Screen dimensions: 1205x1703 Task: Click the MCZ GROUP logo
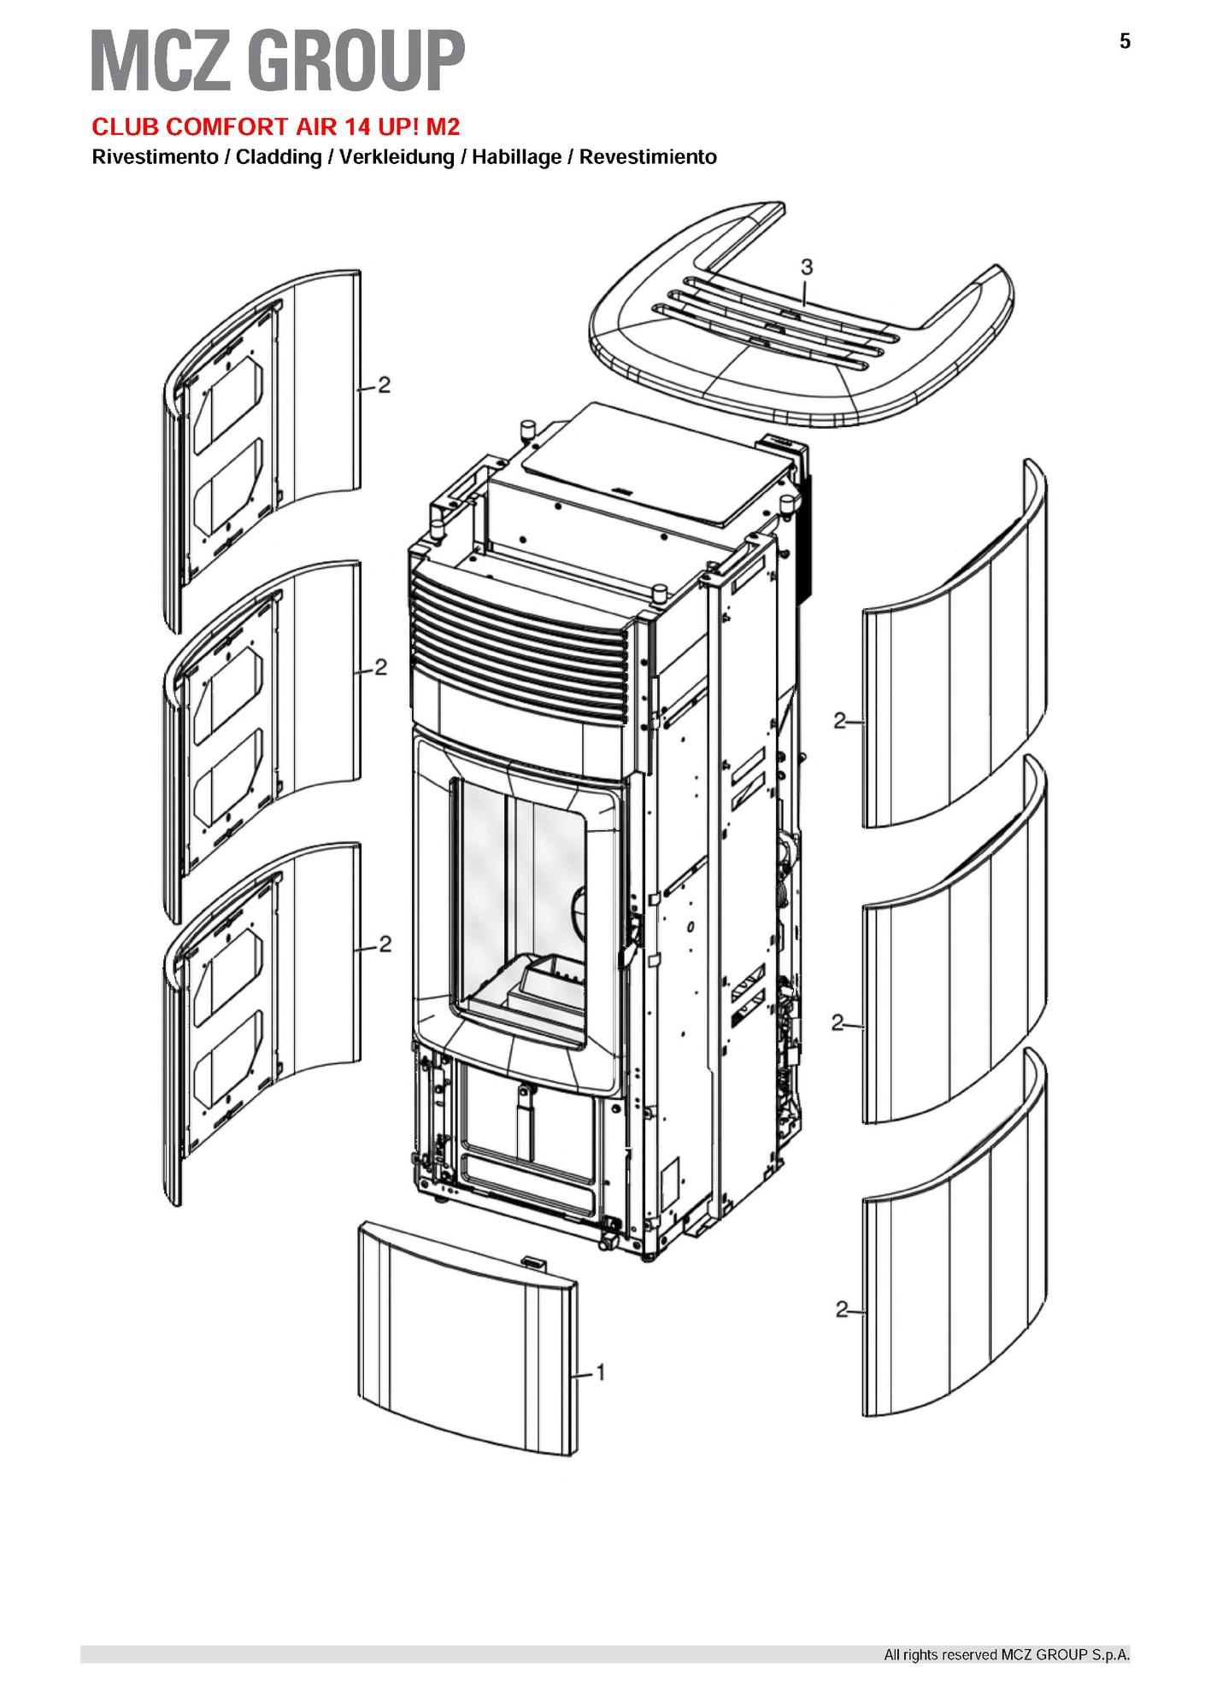point(279,61)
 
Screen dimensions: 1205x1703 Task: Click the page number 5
point(1125,41)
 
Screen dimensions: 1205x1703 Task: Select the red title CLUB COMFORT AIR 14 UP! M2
point(276,127)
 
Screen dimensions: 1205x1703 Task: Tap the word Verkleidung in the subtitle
point(397,158)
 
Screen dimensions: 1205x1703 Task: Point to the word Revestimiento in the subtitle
point(648,158)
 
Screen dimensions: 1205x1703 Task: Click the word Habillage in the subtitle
point(516,158)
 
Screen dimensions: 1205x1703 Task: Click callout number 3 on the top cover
point(806,267)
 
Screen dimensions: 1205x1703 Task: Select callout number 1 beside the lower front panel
point(601,1372)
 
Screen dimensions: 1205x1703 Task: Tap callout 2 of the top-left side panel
point(385,385)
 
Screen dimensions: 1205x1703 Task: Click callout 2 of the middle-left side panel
point(381,667)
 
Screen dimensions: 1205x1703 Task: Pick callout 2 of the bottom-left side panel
point(385,944)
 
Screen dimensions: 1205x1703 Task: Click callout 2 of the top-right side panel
point(839,721)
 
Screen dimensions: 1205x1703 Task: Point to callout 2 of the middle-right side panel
point(838,1021)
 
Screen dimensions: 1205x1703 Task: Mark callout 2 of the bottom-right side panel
point(842,1309)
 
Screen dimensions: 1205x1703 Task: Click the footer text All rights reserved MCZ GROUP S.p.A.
point(1007,1655)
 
